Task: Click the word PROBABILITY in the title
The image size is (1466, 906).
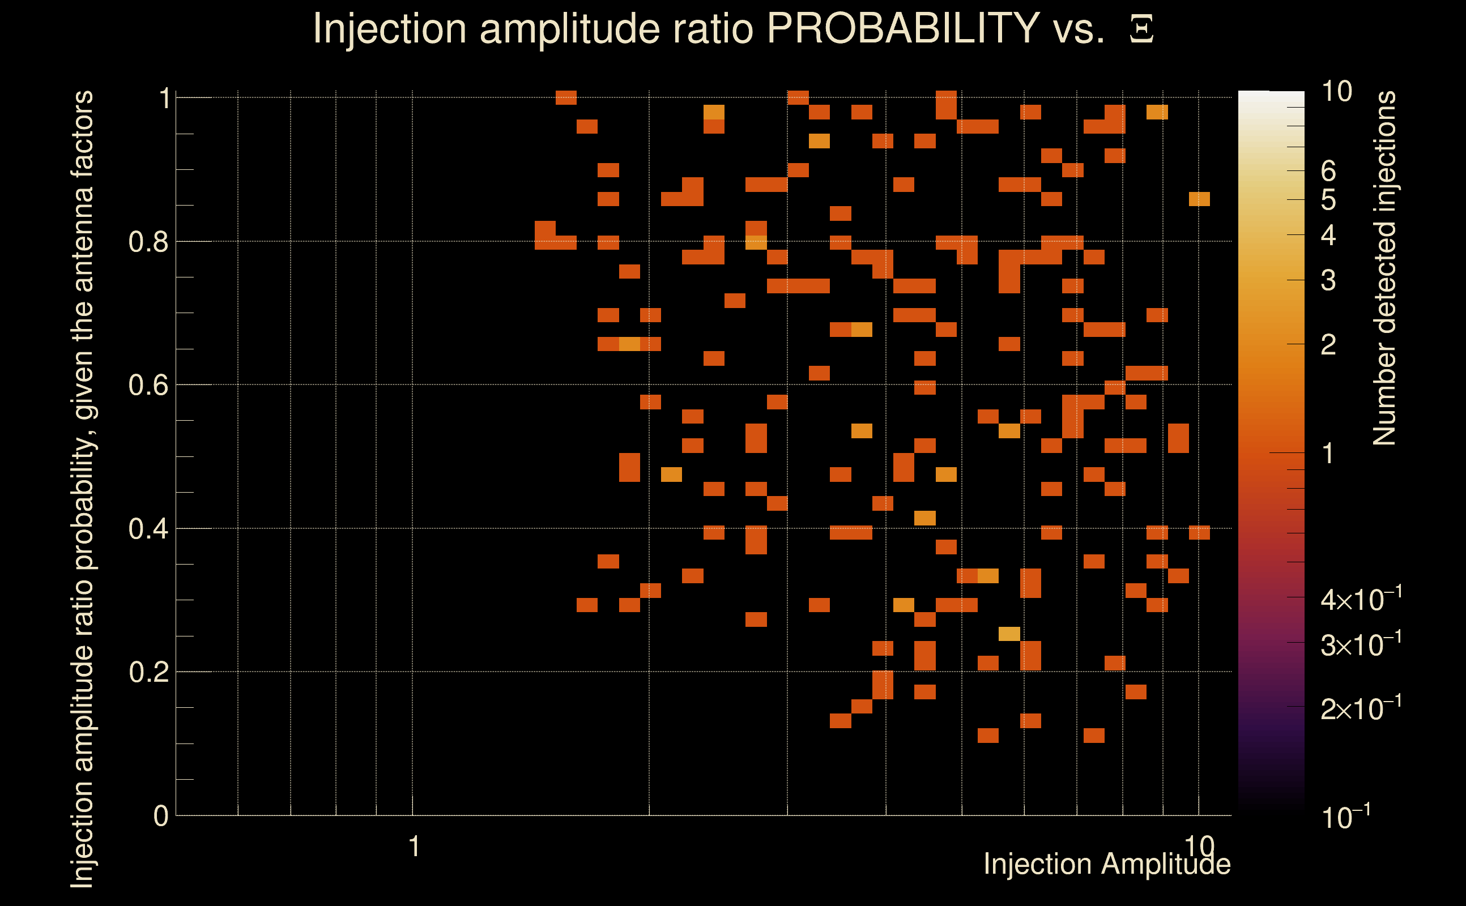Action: coord(903,28)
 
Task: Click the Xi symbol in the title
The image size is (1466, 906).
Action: coord(1141,29)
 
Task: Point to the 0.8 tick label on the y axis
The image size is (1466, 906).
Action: coord(148,242)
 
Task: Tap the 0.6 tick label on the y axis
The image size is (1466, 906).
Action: coord(148,385)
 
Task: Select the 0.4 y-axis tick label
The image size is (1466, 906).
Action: coord(148,529)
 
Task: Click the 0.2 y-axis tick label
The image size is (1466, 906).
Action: coord(148,672)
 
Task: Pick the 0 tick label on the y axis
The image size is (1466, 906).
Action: coord(161,816)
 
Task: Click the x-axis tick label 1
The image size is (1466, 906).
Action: coord(414,847)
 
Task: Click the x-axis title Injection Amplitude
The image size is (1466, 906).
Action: coord(1107,864)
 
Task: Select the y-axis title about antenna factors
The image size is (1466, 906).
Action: coord(82,488)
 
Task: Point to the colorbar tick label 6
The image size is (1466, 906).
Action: coord(1328,172)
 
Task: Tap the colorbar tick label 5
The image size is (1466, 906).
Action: coord(1328,200)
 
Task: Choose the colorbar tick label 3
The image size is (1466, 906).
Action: coord(1328,280)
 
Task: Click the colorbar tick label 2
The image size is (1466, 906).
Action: coord(1328,344)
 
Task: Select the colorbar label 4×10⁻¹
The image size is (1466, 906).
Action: coord(1361,599)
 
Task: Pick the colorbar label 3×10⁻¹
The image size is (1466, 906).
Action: coord(1361,645)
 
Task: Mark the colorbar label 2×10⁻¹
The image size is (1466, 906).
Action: coord(1361,708)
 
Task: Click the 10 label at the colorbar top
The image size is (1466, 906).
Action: coord(1336,92)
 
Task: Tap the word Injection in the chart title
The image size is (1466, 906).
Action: coord(390,28)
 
